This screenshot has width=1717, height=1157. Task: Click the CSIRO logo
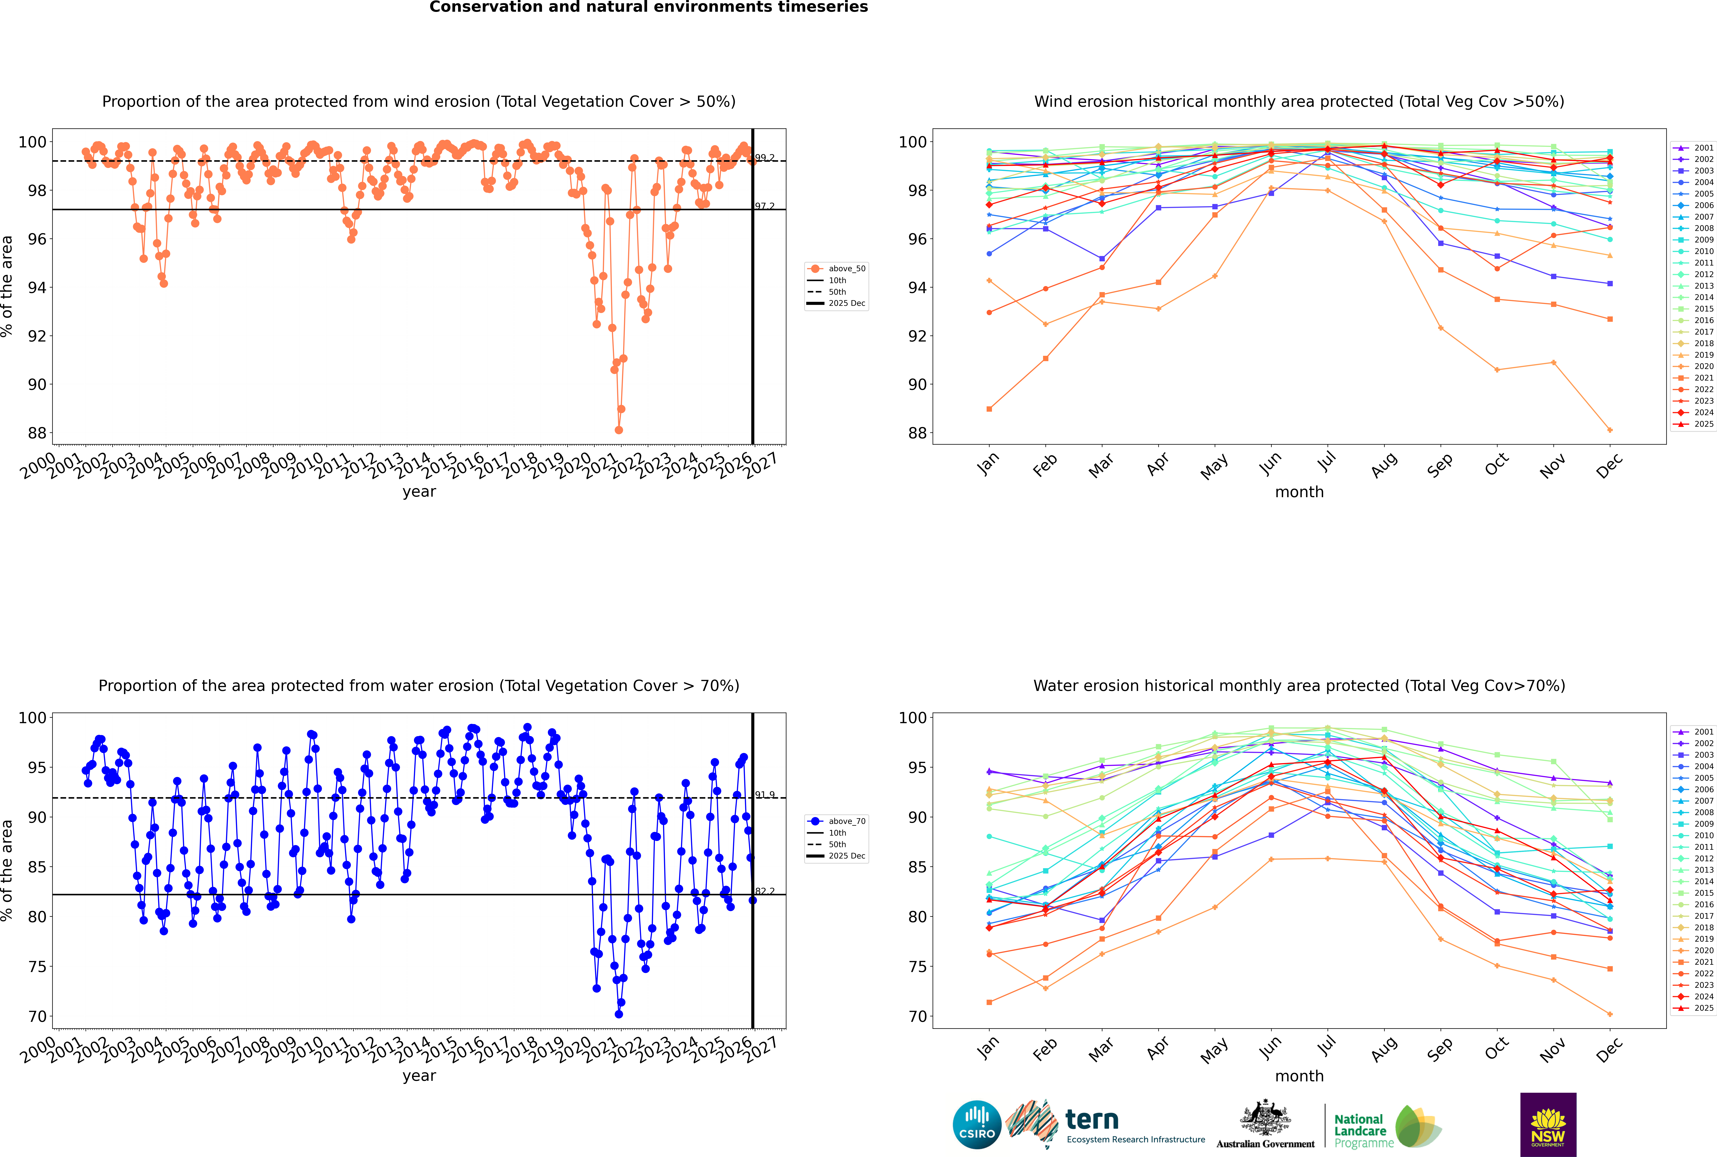click(x=977, y=1125)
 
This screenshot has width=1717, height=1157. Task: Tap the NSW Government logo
click(x=1548, y=1124)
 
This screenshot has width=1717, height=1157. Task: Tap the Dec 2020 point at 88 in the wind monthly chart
click(x=1610, y=430)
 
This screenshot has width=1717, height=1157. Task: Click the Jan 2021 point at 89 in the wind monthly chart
click(x=989, y=409)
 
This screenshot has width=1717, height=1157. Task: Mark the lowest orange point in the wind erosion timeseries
click(x=619, y=430)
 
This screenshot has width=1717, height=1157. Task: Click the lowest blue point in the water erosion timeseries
click(x=619, y=1014)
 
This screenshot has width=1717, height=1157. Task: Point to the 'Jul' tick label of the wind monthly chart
click(x=1326, y=463)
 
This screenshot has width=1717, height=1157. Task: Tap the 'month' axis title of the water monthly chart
click(x=1299, y=1076)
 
